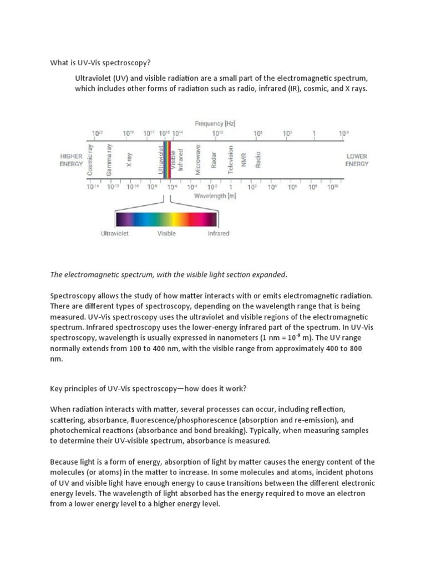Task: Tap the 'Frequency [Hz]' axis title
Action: click(215, 123)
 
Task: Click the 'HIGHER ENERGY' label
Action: click(71, 161)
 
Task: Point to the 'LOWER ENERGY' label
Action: click(357, 161)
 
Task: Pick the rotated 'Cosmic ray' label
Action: click(91, 161)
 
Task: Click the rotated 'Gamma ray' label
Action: click(109, 162)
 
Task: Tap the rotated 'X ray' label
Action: click(129, 161)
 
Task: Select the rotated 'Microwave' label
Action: click(198, 161)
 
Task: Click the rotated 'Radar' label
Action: click(214, 161)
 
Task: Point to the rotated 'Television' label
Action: click(231, 161)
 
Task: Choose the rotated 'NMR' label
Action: click(244, 161)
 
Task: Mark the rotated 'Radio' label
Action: click(258, 161)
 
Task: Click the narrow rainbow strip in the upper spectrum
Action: click(166, 161)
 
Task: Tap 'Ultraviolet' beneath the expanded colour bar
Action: click(115, 234)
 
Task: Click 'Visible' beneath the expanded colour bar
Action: click(166, 234)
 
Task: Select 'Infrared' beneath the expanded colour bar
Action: click(218, 234)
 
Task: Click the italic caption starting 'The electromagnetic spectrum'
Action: click(169, 274)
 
